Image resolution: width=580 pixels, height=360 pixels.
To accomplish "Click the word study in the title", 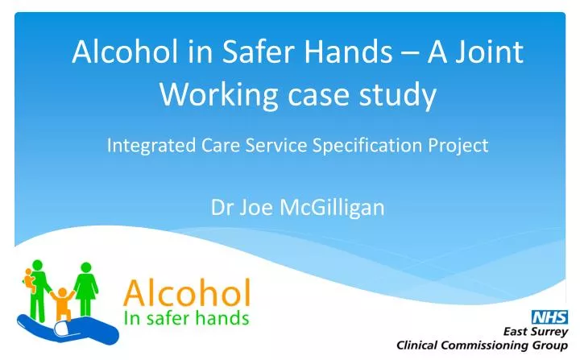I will pyautogui.click(x=400, y=95).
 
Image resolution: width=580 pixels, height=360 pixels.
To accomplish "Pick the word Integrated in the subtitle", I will pyautogui.click(x=144, y=146).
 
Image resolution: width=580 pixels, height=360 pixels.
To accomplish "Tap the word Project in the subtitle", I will pyautogui.click(x=461, y=146).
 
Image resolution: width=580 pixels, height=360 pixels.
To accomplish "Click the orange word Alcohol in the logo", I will pyautogui.click(x=185, y=291).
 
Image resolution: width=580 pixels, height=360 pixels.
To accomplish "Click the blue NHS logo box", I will pyautogui.click(x=548, y=317).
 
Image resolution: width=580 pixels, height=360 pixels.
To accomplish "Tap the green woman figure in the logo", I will pyautogui.click(x=85, y=286).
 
